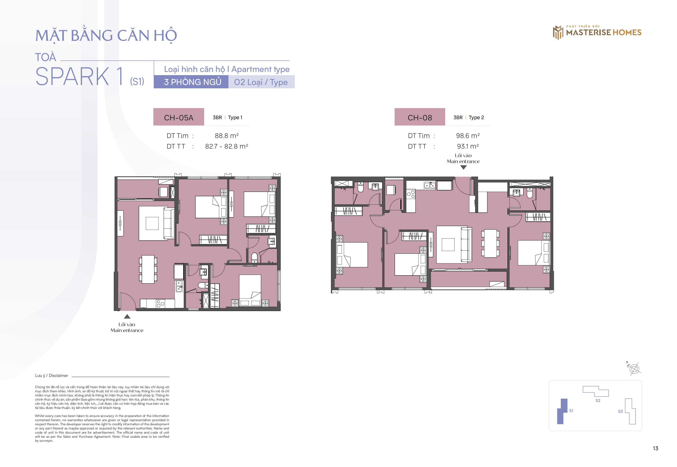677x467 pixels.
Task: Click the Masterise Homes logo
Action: (x=597, y=32)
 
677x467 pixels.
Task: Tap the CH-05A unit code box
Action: (x=178, y=117)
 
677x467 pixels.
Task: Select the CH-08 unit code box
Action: (x=420, y=117)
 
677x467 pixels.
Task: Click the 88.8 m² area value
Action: (x=227, y=136)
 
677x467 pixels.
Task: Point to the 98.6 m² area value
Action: (x=468, y=136)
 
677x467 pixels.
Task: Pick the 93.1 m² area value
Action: (x=468, y=146)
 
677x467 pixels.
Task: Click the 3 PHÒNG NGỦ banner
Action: (x=191, y=82)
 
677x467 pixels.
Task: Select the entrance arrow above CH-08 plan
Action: (x=463, y=167)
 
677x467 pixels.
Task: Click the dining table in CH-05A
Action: (x=148, y=269)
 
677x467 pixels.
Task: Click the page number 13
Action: (x=655, y=448)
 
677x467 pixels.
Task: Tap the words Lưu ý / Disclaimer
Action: (x=52, y=375)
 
